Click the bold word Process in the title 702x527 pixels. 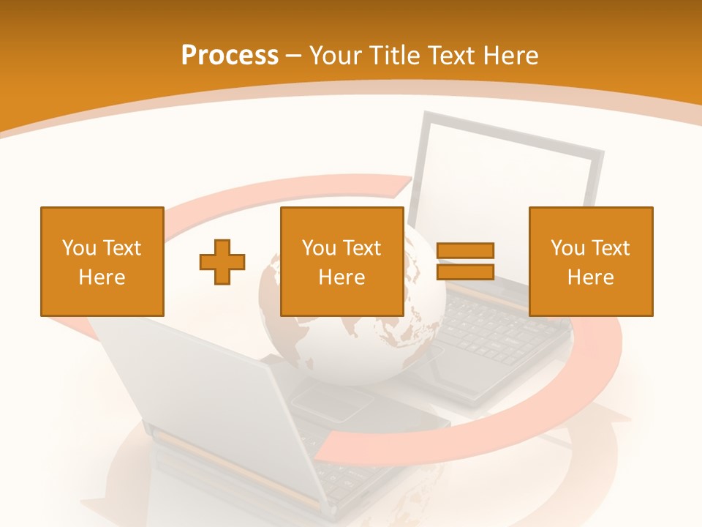tap(230, 55)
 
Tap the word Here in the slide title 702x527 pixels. tap(510, 55)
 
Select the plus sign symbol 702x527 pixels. tap(222, 262)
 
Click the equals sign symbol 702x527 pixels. tap(465, 261)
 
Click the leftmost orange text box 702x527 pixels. tap(102, 261)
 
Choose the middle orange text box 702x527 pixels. tap(341, 261)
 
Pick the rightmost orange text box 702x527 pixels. tap(590, 261)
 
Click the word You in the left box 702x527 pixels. tap(79, 247)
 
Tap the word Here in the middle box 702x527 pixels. tap(341, 277)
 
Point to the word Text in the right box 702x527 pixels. tap(611, 247)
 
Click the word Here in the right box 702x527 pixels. tap(590, 277)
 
